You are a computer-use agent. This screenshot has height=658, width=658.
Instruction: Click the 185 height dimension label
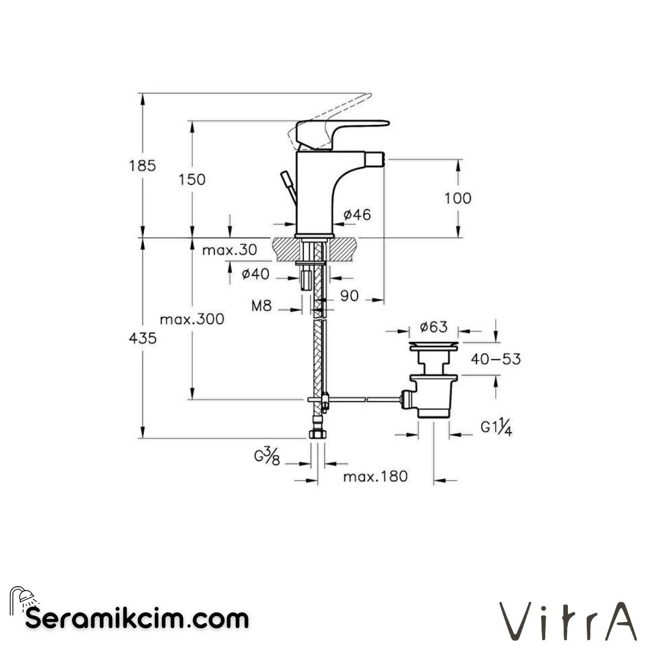(143, 165)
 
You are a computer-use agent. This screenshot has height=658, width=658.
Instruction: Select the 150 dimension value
(193, 180)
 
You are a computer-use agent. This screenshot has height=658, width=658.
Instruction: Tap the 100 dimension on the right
(458, 198)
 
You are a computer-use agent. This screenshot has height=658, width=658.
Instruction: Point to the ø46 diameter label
(356, 214)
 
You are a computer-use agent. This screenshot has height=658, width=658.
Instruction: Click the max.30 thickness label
(230, 250)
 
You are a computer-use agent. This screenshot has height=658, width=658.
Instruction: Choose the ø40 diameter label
(255, 274)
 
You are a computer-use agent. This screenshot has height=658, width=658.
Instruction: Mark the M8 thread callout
(261, 306)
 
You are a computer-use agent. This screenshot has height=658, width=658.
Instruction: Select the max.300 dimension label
(192, 319)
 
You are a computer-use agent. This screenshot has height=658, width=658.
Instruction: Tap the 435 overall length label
(143, 339)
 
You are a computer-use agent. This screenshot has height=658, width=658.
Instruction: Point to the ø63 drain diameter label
(433, 327)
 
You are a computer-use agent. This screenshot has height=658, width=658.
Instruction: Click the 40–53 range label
(495, 359)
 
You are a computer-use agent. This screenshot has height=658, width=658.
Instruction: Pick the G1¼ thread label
(495, 428)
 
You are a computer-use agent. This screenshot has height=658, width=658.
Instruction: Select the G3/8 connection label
(267, 457)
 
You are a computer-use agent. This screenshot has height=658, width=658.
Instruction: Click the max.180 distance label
(375, 476)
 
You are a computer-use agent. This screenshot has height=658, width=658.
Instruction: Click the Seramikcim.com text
(138, 619)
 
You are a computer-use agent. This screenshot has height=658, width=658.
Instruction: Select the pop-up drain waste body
(433, 396)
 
